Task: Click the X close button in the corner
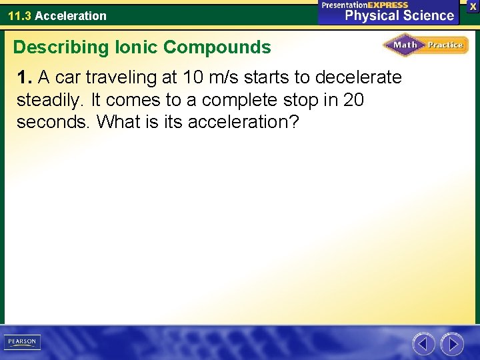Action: [x=473, y=5]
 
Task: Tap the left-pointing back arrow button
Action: [x=423, y=344]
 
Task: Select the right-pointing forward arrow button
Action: [x=452, y=344]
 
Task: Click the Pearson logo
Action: [x=22, y=342]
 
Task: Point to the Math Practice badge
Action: [x=425, y=45]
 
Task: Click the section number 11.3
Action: [x=19, y=15]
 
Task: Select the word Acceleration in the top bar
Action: [x=71, y=15]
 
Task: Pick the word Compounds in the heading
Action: [x=217, y=47]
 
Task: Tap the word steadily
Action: [x=51, y=100]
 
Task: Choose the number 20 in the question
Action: [x=355, y=100]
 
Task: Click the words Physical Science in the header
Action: [x=399, y=15]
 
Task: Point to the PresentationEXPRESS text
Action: [x=365, y=5]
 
